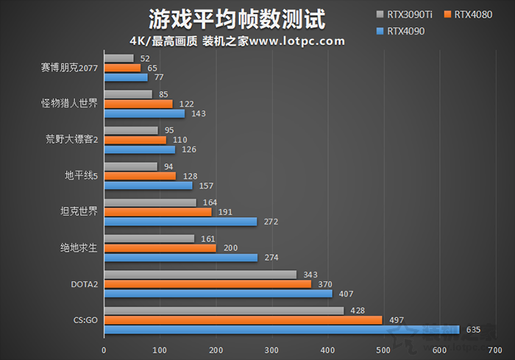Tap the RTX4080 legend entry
tap(471, 14)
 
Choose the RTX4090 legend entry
tap(405, 31)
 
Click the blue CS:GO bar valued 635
tap(281, 329)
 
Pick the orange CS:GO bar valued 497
tap(243, 320)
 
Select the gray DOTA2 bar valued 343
tap(200, 275)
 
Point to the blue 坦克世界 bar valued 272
tap(180, 222)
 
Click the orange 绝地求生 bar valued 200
tap(160, 248)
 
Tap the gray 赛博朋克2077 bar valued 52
tap(118, 58)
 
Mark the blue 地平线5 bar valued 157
tap(148, 186)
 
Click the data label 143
tap(198, 113)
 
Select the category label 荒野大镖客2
tap(71, 140)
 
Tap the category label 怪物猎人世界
tap(69, 104)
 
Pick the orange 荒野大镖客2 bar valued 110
tap(135, 140)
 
